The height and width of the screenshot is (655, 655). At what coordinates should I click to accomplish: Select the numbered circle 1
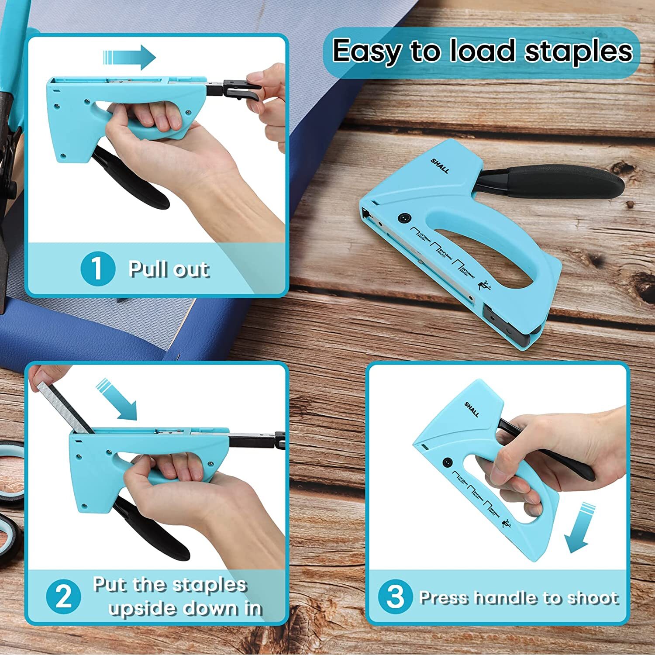97,269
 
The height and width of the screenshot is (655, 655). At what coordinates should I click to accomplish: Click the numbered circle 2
64,596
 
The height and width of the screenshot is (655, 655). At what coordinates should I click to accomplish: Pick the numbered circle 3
395,596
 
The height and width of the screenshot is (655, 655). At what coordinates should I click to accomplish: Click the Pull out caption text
169,269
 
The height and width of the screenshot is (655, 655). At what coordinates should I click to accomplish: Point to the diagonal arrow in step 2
118,399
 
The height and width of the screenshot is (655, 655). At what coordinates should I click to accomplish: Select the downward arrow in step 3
581,528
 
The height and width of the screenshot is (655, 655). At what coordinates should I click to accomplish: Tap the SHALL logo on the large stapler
440,166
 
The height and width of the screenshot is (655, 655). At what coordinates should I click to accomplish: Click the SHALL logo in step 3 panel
472,409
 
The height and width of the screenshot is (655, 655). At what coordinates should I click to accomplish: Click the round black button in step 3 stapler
447,462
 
